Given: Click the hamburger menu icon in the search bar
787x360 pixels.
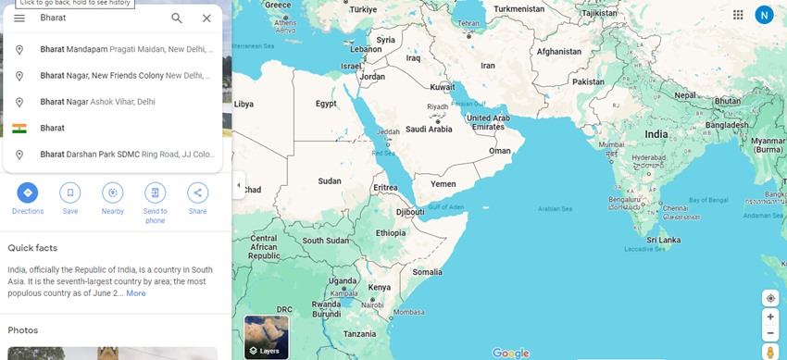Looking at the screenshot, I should click(x=19, y=19).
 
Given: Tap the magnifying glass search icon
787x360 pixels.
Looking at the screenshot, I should click(x=177, y=19).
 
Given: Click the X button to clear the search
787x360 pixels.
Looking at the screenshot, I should click(x=206, y=19).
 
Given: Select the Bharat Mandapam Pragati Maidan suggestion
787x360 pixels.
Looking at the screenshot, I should click(x=120, y=49).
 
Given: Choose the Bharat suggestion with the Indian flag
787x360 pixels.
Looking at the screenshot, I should click(x=53, y=128).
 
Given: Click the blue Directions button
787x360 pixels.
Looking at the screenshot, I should click(x=28, y=192).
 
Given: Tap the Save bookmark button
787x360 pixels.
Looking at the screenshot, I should click(x=70, y=192).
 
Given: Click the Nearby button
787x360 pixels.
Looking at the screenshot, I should click(x=113, y=192).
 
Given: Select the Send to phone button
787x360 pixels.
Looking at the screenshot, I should click(x=156, y=192).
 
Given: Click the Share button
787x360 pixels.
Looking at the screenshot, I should click(x=197, y=192).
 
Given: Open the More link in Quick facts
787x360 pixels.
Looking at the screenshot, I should click(x=136, y=293).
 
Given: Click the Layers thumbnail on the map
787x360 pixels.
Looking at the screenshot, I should click(x=266, y=337).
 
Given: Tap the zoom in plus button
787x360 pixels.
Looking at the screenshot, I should click(x=770, y=317).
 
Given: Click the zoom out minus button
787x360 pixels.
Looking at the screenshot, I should click(x=770, y=332).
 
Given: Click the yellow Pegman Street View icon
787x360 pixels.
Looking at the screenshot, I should click(x=770, y=353).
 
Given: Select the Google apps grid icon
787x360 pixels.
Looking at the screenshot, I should click(x=738, y=15).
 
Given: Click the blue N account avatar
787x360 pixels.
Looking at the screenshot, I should click(x=764, y=15).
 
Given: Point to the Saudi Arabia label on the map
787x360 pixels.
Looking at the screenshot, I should click(x=429, y=129).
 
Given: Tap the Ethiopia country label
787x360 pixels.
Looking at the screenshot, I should click(x=390, y=233).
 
